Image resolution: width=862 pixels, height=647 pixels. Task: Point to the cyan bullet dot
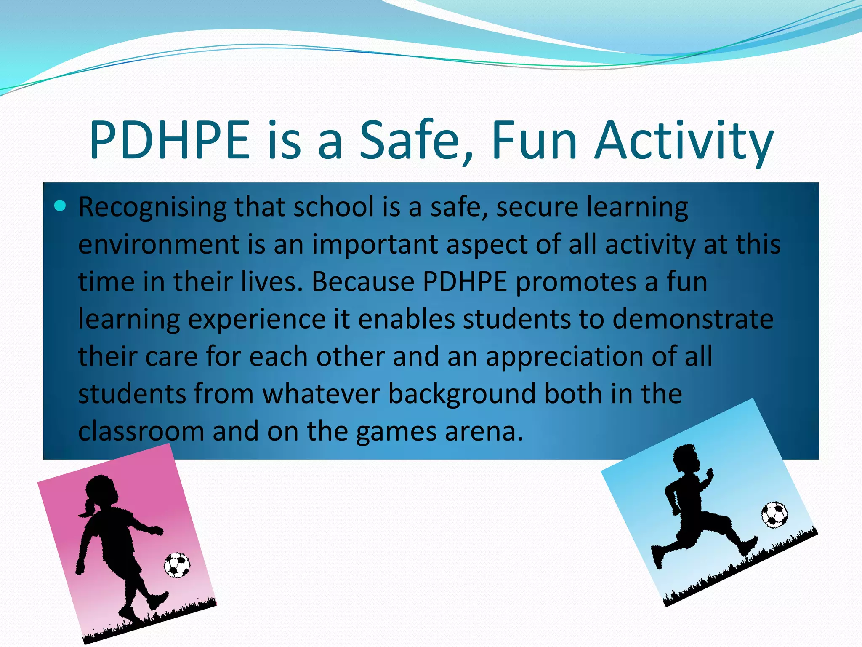point(61,206)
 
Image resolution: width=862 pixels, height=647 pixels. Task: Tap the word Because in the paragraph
point(363,281)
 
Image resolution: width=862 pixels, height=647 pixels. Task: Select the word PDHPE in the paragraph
point(465,281)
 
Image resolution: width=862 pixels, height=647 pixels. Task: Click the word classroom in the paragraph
point(141,431)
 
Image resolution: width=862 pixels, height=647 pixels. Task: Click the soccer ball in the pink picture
point(177,565)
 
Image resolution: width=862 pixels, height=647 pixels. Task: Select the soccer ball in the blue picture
point(774,514)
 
